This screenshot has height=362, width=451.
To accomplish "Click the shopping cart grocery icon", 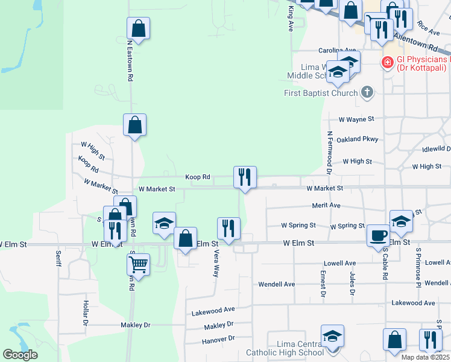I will click(x=139, y=264).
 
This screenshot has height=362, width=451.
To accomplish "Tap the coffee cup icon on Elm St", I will click(x=379, y=234).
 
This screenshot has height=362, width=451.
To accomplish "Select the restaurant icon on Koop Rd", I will click(x=245, y=177).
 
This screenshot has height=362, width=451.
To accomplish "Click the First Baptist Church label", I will click(x=321, y=93).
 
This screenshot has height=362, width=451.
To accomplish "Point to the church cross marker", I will click(x=366, y=92).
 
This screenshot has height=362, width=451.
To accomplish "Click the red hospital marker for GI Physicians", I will click(x=386, y=62).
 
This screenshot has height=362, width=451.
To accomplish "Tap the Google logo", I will click(x=20, y=355).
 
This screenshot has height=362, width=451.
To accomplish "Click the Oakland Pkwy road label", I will click(x=358, y=139).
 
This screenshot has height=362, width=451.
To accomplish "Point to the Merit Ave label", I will click(x=326, y=205).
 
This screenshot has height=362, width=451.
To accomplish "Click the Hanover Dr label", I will click(x=218, y=339).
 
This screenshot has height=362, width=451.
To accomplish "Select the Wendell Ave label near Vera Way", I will click(x=276, y=284).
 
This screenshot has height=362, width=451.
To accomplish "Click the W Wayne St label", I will click(x=356, y=119).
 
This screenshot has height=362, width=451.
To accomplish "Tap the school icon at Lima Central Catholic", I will click(x=332, y=336).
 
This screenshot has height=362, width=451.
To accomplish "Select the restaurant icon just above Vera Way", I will click(x=229, y=228).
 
